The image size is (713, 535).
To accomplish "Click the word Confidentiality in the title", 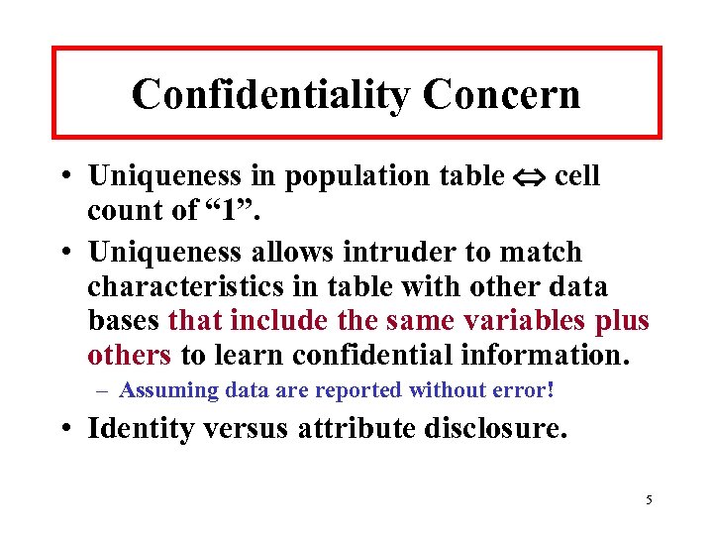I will point(269,94).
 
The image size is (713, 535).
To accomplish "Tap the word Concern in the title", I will point(501,94).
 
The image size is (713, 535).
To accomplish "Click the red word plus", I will point(623,321).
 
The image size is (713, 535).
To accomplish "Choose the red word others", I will point(130,355).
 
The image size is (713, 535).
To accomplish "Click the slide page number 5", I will point(649,499).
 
